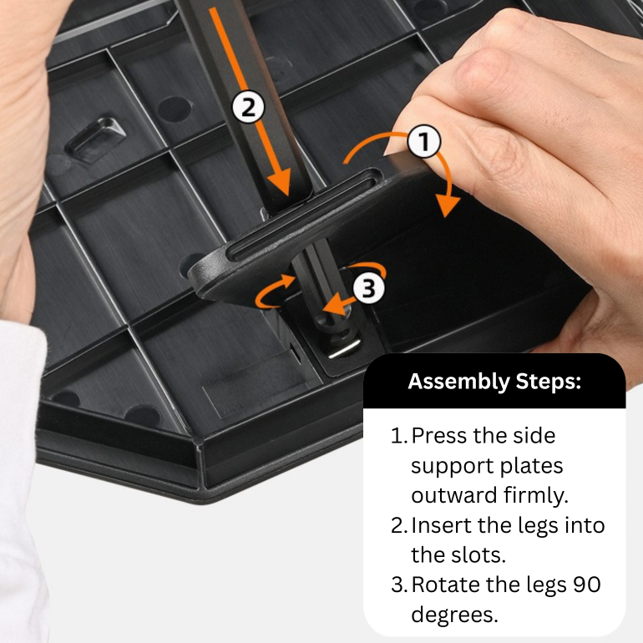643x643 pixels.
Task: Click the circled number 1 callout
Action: click(x=424, y=141)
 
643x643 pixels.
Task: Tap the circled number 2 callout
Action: click(x=248, y=108)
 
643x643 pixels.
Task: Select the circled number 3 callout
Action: click(x=368, y=287)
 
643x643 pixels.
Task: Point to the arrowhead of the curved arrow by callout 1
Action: click(x=447, y=206)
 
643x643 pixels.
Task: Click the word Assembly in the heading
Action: click(x=458, y=381)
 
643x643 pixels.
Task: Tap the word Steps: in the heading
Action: click(x=549, y=381)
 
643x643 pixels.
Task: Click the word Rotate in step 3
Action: click(x=445, y=585)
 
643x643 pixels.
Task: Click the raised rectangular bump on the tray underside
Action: click(x=96, y=139)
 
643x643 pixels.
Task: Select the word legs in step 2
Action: click(x=538, y=526)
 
